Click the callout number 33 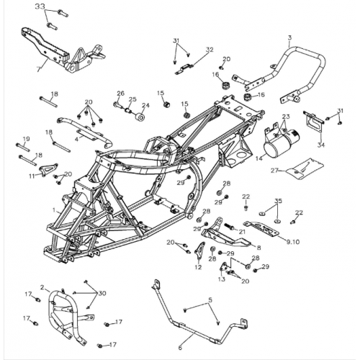click(40, 7)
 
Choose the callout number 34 click(321, 145)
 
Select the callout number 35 click(278, 201)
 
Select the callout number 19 click(25, 139)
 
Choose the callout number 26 click(121, 93)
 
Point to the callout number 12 click(198, 267)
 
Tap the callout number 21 click(242, 231)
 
